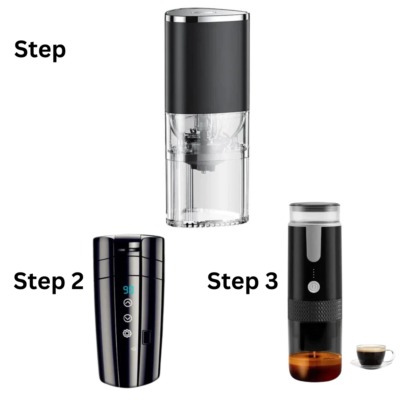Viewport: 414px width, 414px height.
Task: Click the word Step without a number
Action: coord(40,50)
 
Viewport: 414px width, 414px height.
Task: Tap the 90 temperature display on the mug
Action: coord(128,290)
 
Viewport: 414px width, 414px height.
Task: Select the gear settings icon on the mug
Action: coord(127,333)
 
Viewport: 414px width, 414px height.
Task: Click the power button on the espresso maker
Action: coord(314,287)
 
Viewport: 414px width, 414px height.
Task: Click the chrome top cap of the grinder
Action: coord(206,16)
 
